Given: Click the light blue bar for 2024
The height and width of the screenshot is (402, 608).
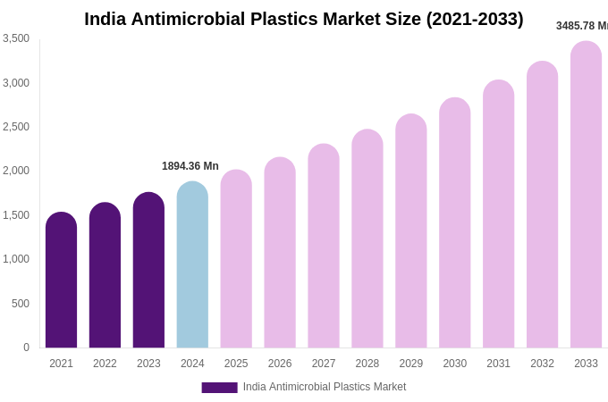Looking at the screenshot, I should tap(192, 265).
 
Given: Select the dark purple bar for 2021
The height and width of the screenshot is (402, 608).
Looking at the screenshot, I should tap(61, 281).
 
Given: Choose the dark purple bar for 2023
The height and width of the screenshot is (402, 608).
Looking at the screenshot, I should tap(148, 271).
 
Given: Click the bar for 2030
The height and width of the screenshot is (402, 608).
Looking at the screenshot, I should tap(454, 223).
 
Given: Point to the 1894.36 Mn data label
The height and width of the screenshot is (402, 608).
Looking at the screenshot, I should tap(190, 166).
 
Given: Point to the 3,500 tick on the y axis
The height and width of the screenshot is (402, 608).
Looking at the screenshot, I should tap(16, 38).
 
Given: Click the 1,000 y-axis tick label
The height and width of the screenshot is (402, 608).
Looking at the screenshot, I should tap(16, 259).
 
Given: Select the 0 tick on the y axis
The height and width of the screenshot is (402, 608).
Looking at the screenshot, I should tap(26, 348).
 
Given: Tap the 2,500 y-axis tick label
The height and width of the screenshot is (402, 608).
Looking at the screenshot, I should tap(16, 127).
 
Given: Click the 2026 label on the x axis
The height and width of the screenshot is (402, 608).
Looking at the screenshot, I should tap(280, 364).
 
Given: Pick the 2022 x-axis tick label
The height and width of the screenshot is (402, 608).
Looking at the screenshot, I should tap(105, 364).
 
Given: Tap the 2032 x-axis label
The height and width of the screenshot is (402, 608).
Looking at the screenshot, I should tap(542, 364).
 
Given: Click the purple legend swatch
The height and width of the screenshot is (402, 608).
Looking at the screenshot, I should tap(219, 388).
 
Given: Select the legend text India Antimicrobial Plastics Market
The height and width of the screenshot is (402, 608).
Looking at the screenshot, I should tap(325, 387).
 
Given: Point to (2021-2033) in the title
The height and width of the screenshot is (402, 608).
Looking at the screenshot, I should tap(474, 19).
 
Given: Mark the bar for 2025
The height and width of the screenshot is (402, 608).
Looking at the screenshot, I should tap(236, 259).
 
